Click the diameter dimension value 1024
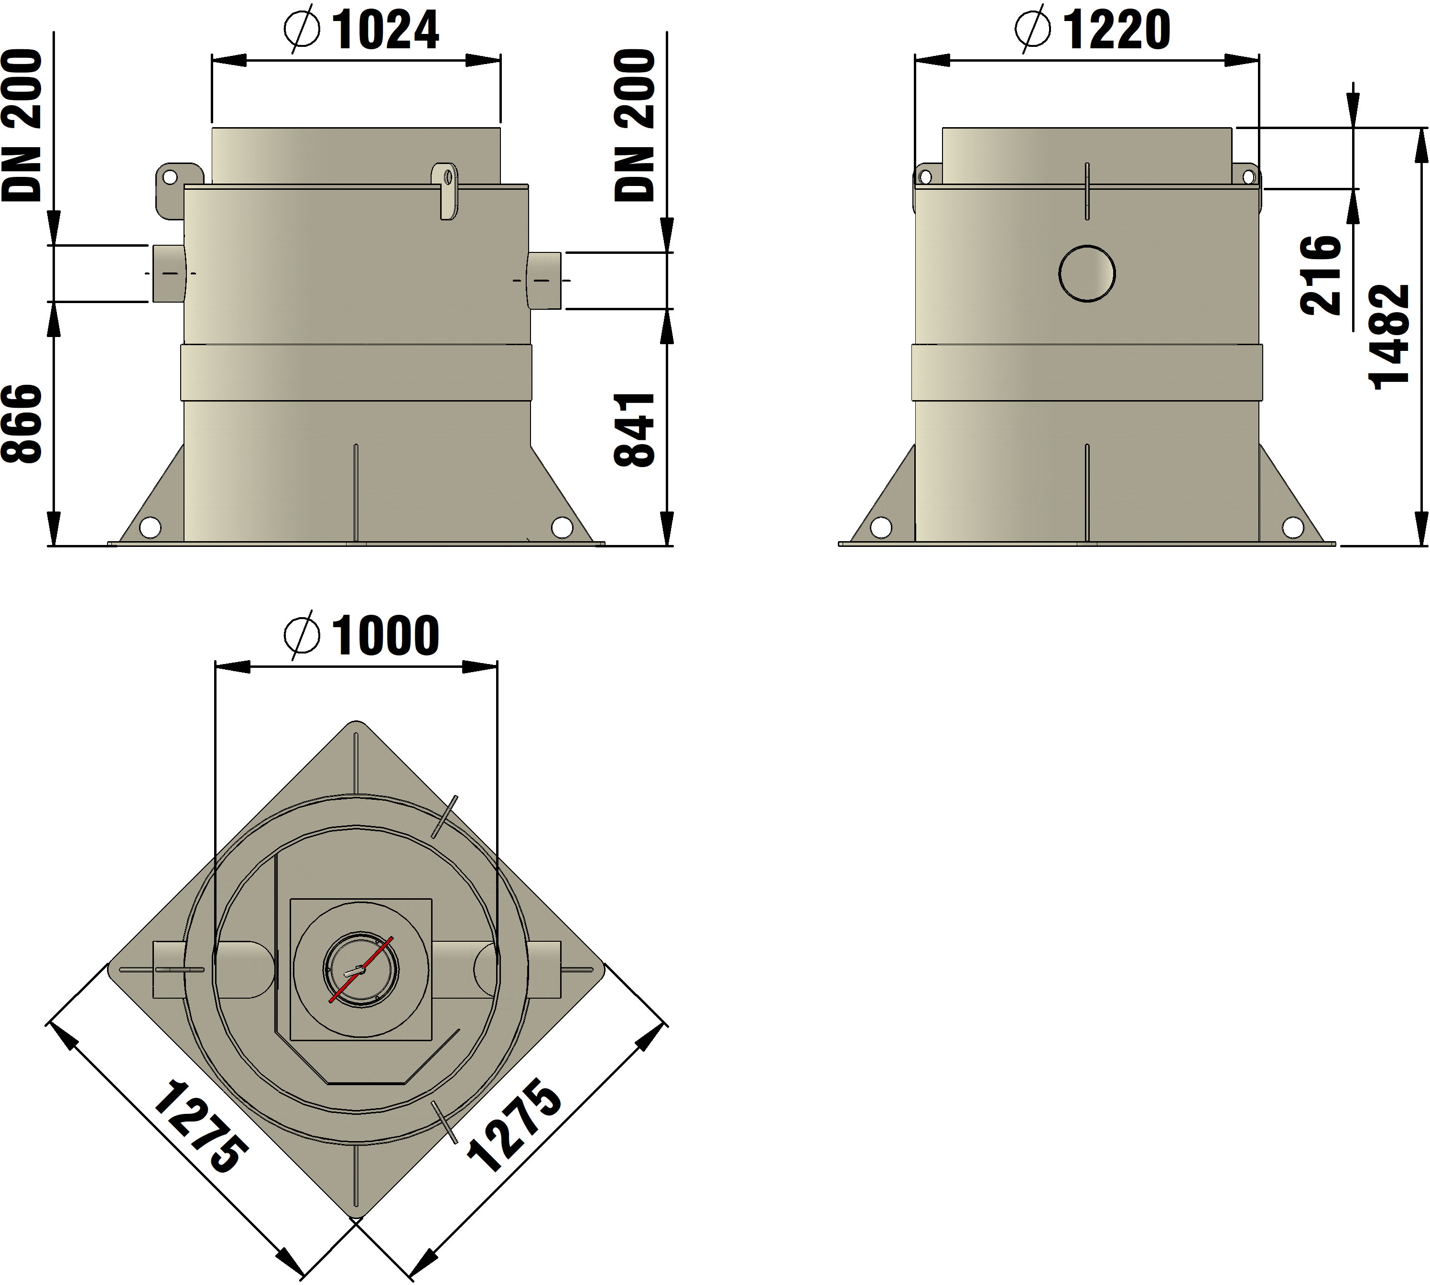385,31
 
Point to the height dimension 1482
1389,337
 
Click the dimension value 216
1321,275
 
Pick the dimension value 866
22,424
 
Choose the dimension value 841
635,430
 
